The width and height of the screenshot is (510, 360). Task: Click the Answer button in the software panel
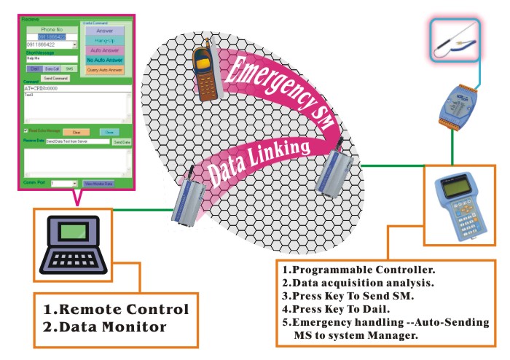105,31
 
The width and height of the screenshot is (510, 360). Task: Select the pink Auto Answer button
105,50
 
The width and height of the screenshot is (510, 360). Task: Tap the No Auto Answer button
105,60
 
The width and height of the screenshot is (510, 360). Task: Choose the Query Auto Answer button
105,70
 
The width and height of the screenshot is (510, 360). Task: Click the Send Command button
55,78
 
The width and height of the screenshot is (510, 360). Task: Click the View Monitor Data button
98,184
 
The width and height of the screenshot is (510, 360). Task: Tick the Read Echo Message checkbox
27,132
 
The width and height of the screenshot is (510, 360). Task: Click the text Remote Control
117,309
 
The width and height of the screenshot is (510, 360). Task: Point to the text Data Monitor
106,327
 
